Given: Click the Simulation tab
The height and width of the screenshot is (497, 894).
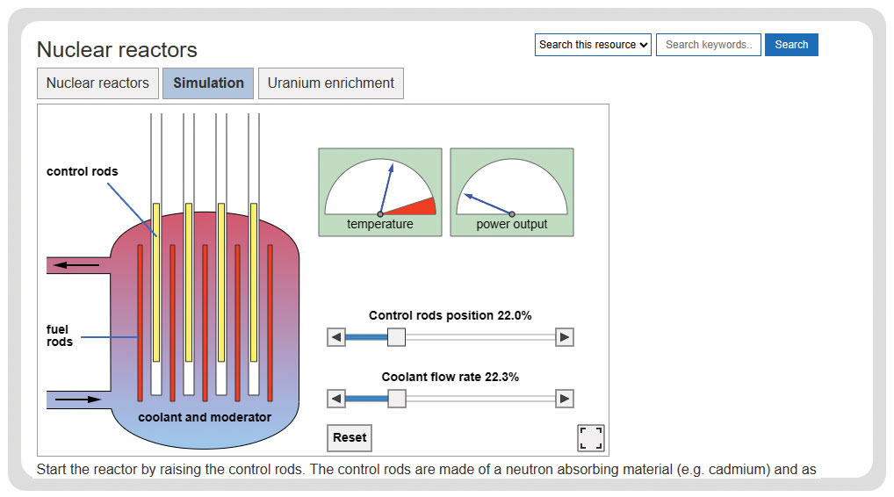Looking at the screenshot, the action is point(208,83).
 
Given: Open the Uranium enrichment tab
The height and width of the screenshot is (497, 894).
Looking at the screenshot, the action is point(331,83).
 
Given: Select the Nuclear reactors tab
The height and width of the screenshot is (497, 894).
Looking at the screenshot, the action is point(97,83).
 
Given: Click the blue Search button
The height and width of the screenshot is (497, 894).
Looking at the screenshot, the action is point(791,45).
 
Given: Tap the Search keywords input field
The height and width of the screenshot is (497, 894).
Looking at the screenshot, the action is point(708,45).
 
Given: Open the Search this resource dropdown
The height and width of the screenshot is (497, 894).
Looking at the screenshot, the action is point(593,45).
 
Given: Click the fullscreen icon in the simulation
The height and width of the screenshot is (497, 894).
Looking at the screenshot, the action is point(591,437).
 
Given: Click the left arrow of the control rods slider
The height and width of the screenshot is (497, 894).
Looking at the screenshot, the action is point(336,337).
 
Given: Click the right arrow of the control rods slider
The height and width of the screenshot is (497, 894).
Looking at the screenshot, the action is point(565,337).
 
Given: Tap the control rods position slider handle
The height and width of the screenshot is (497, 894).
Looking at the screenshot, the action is point(396,337).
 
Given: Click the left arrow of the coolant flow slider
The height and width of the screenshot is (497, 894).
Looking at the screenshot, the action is point(336,399).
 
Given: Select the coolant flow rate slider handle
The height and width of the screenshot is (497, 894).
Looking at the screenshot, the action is point(397,399).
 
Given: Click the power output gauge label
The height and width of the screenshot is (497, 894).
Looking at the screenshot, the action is point(512,225).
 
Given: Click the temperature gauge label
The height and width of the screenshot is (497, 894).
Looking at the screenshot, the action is point(380,225).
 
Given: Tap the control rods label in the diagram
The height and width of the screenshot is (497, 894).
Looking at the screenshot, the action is point(82,171).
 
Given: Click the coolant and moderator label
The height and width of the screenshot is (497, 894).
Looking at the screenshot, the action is point(205,417).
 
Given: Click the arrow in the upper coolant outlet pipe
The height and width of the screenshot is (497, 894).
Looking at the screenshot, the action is point(76,265).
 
